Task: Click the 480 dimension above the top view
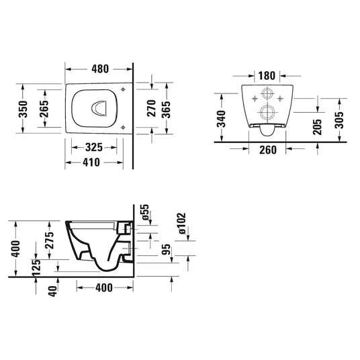pyautogui.click(x=100, y=69)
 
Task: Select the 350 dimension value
pyautogui.click(x=23, y=109)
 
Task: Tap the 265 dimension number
pyautogui.click(x=44, y=109)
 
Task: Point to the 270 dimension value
pyautogui.click(x=151, y=108)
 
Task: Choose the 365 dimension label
pyautogui.click(x=166, y=109)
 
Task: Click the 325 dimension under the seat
pyautogui.click(x=93, y=147)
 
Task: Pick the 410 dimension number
pyautogui.click(x=91, y=163)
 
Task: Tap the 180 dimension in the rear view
pyautogui.click(x=267, y=76)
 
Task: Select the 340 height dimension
pyautogui.click(x=222, y=119)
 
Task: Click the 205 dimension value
pyautogui.click(x=317, y=126)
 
